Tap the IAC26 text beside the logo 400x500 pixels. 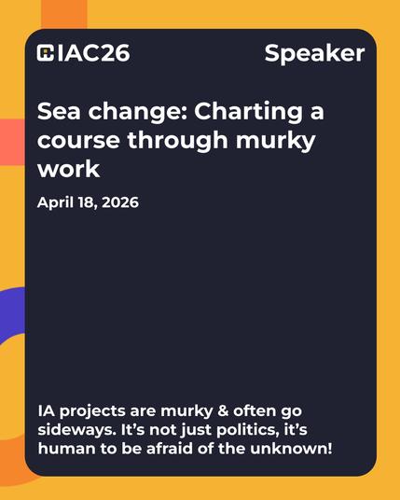94,53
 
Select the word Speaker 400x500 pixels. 314,53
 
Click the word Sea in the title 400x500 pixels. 59,111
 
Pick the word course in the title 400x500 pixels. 78,141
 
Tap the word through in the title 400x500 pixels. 177,141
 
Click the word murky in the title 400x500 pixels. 276,141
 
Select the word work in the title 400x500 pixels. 68,169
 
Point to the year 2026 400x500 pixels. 120,202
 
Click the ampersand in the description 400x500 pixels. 223,410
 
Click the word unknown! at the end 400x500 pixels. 291,449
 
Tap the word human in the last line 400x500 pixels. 66,449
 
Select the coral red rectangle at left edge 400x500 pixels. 12,142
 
